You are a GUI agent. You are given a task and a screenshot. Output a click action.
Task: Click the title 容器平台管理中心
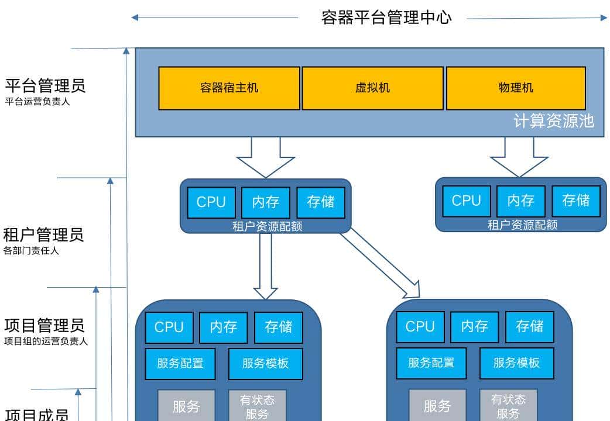coord(386,17)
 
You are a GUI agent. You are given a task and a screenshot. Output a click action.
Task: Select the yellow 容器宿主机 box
coord(229,88)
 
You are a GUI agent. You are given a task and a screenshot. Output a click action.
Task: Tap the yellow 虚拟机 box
coord(372,88)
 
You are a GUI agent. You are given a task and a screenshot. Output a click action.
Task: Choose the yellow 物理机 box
coord(516,88)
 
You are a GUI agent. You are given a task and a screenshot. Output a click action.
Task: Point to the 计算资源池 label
coord(554,121)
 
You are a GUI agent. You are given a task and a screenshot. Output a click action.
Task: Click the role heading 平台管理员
coord(46,85)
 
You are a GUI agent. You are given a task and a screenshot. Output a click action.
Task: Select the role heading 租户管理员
coord(44,235)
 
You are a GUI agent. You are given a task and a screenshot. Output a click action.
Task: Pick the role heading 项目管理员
coord(44,325)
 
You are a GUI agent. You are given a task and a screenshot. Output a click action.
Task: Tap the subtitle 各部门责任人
coord(32,251)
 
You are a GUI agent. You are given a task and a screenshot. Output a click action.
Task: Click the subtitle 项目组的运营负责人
coord(46,341)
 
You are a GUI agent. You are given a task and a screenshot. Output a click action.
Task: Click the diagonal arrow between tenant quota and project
coord(381,263)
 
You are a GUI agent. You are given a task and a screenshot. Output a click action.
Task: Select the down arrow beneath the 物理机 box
coord(519,157)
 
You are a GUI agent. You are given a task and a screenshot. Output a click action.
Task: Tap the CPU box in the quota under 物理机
coord(467,201)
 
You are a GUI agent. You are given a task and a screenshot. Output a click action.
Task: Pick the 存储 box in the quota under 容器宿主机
coord(321,202)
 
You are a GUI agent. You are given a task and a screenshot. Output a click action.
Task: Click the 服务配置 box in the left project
coord(180,363)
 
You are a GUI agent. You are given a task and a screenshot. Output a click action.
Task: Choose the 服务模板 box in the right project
coord(516,363)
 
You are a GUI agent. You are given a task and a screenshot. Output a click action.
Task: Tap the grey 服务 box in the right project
coord(437,406)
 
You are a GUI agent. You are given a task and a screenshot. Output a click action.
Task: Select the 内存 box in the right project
coord(474,327)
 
